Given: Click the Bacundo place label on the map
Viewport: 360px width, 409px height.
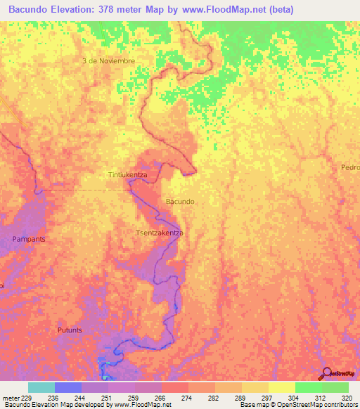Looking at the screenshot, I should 180,202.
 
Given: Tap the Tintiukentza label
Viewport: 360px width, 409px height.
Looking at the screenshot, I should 127,174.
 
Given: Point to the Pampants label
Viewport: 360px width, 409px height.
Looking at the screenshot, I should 29,239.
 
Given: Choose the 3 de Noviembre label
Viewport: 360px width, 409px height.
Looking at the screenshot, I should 108,61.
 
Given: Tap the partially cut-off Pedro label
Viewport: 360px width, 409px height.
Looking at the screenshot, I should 350,167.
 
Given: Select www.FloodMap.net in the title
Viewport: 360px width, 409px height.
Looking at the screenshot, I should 218,9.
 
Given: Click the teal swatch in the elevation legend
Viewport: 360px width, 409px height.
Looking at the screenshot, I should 41,387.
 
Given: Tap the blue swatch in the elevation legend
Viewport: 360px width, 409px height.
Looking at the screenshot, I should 68,387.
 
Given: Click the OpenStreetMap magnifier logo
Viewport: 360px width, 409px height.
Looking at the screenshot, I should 327,373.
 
